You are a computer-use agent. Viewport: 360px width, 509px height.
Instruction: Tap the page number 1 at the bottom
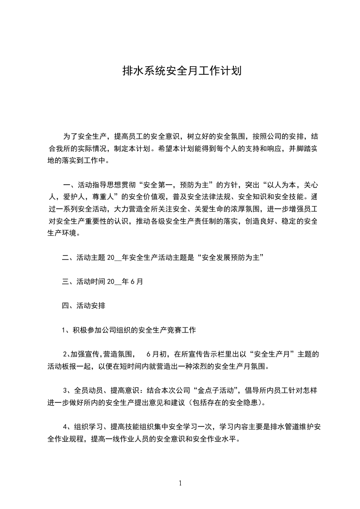(x=180, y=483)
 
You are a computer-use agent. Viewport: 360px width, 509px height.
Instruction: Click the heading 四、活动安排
(x=84, y=306)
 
